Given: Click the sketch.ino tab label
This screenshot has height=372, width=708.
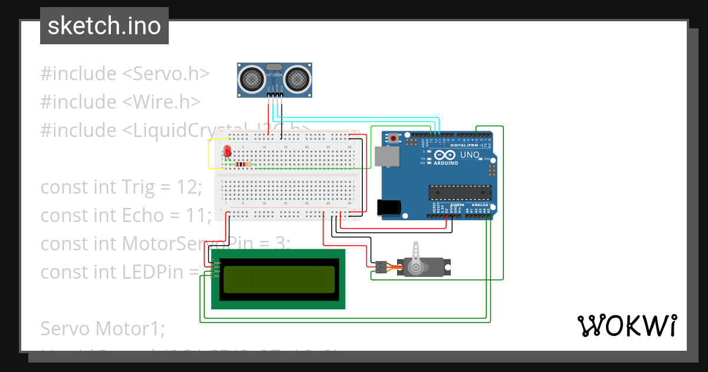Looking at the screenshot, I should [x=104, y=26].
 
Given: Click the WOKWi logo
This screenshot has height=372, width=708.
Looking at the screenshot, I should [x=627, y=325].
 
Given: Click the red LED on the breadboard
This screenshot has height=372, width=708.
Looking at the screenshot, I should [x=227, y=150].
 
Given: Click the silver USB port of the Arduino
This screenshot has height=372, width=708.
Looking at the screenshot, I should [x=386, y=156].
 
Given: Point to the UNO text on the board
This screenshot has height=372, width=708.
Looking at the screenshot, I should [x=470, y=155].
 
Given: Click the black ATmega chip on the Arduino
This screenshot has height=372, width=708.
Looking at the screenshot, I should [x=460, y=192].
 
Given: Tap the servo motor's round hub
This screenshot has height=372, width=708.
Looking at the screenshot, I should [x=416, y=267].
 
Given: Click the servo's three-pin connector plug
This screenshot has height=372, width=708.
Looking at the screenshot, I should [x=379, y=267].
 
